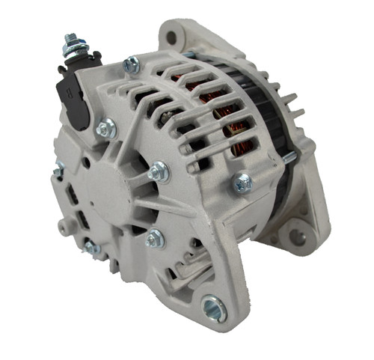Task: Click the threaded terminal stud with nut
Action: pyautogui.click(x=73, y=46)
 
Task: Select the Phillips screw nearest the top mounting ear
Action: pyautogui.click(x=132, y=66)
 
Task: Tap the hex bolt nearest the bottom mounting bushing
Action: pyautogui.click(x=155, y=240)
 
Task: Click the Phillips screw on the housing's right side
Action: pyautogui.click(x=243, y=181)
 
